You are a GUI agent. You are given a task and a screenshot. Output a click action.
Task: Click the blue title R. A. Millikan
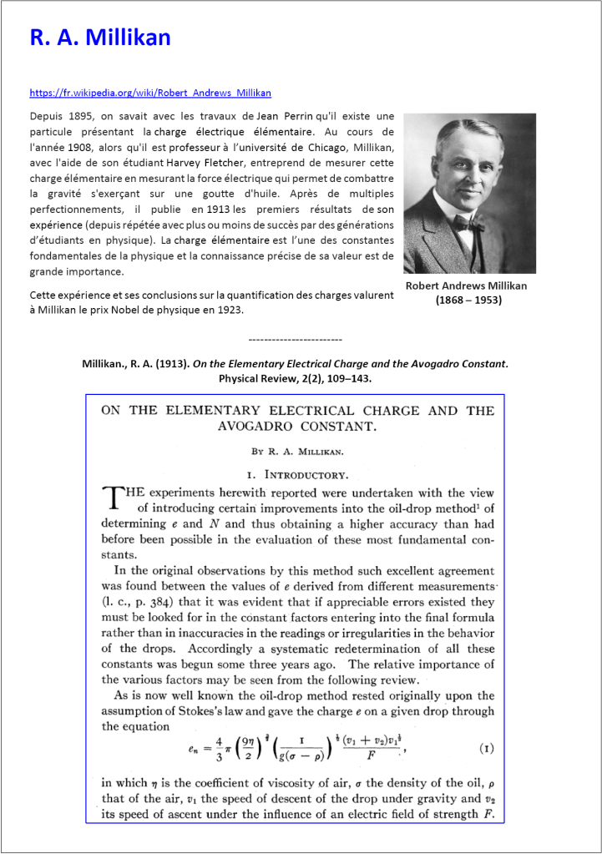[100, 38]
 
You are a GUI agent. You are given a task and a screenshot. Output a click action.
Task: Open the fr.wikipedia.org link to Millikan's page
[150, 93]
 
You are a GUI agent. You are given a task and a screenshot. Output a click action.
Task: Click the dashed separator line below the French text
[296, 341]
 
